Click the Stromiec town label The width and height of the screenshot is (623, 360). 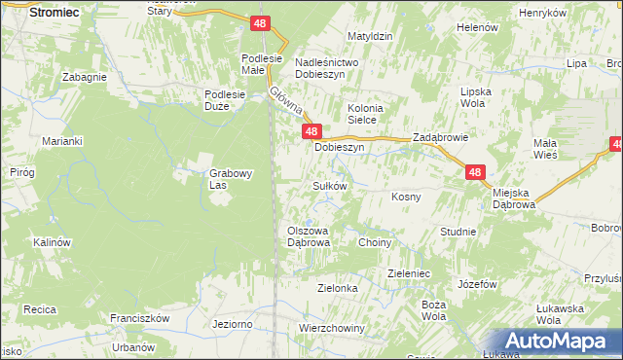[x=54, y=13]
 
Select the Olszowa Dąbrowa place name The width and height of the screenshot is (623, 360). [x=310, y=236]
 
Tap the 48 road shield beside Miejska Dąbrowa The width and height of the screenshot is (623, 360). [x=475, y=172]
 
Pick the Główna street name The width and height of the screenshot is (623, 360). [x=287, y=98]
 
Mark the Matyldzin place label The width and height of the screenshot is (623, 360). [x=370, y=36]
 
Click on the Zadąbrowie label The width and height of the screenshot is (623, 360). [x=441, y=138]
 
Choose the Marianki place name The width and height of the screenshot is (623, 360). [x=60, y=141]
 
